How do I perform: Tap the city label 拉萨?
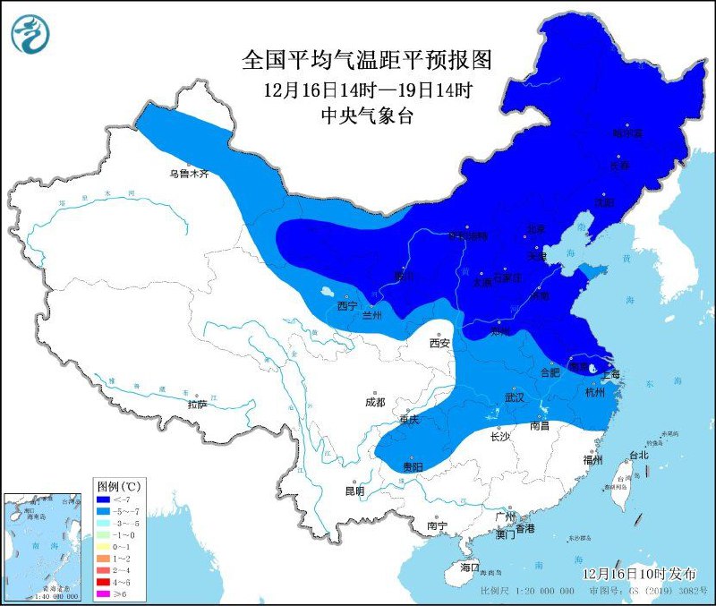pos(198,405)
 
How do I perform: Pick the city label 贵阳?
pos(412,467)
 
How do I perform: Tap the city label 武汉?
pos(513,397)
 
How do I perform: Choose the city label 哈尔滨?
pos(627,133)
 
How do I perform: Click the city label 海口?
pos(470,568)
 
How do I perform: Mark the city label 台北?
pos(639,455)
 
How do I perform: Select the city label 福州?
pos(592,459)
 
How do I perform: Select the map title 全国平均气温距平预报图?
pos(368,60)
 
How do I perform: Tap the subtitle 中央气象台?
pos(368,115)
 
